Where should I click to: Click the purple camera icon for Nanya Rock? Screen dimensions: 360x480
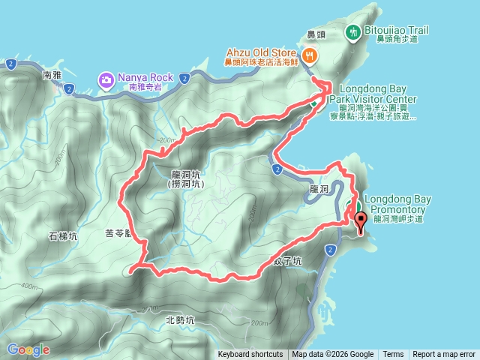(x=106, y=78)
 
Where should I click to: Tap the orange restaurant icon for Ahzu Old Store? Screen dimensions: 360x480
(x=309, y=54)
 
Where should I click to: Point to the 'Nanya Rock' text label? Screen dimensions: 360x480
(x=145, y=77)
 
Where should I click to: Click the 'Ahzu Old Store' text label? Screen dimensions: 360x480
(x=262, y=52)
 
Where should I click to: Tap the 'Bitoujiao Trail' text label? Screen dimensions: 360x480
(x=398, y=31)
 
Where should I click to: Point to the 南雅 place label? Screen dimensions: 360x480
(x=52, y=75)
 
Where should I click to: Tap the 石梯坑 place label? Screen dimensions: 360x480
(x=63, y=237)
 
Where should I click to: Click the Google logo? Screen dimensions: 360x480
(x=28, y=349)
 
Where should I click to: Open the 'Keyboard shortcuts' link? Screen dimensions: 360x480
(x=250, y=355)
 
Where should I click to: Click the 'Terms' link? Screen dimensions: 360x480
(x=393, y=355)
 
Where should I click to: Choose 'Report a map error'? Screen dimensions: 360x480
(x=444, y=355)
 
